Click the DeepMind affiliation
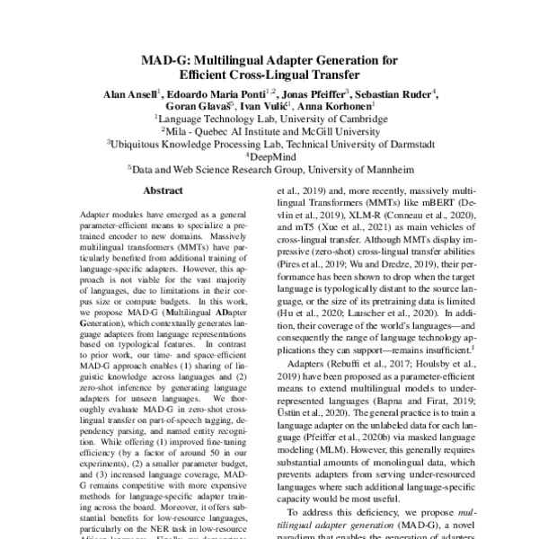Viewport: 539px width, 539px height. coord(270,154)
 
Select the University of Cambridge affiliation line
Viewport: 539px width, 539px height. coord(269,117)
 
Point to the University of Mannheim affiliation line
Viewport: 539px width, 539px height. coord(269,166)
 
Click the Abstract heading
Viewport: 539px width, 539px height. coord(163,191)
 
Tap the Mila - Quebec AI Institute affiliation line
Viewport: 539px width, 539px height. coord(269,129)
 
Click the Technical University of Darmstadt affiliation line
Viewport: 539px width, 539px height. coord(269,142)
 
